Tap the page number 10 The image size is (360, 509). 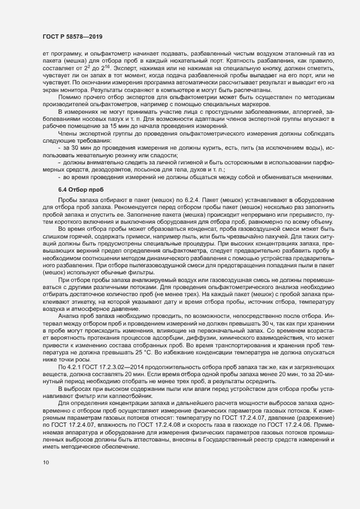coord(46,463)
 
